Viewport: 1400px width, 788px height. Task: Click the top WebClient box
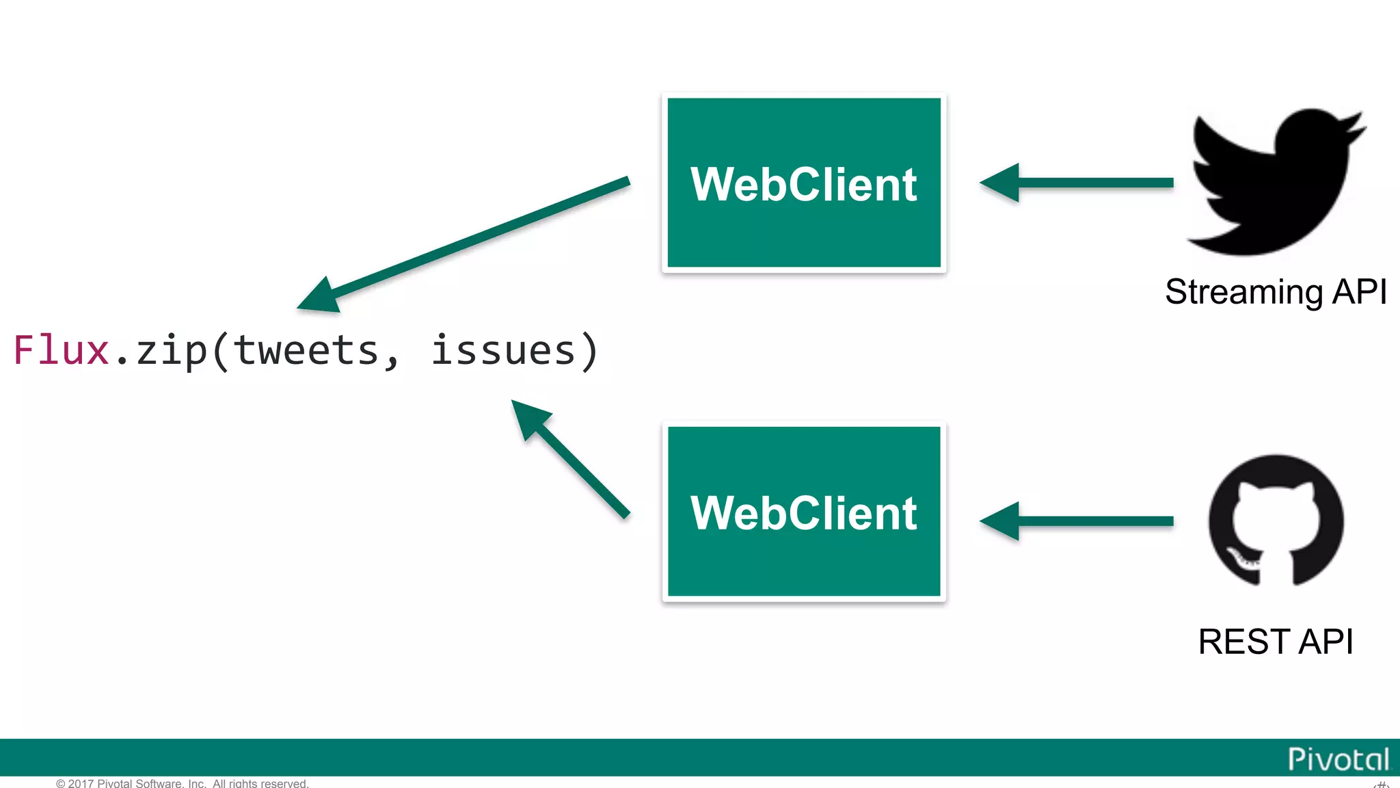pos(803,183)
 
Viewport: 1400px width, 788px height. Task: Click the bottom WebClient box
pos(803,512)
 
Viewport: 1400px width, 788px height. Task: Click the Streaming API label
pos(1276,292)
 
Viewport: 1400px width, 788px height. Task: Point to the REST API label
pos(1276,642)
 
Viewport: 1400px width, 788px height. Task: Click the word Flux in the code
pos(62,351)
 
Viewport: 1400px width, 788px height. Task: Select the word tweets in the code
pos(306,351)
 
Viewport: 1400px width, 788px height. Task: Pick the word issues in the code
pos(504,351)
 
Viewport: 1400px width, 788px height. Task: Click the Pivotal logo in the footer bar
pos(1338,759)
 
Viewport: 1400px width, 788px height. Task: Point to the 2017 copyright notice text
pos(183,783)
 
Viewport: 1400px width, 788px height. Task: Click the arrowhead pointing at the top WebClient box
pos(999,183)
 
